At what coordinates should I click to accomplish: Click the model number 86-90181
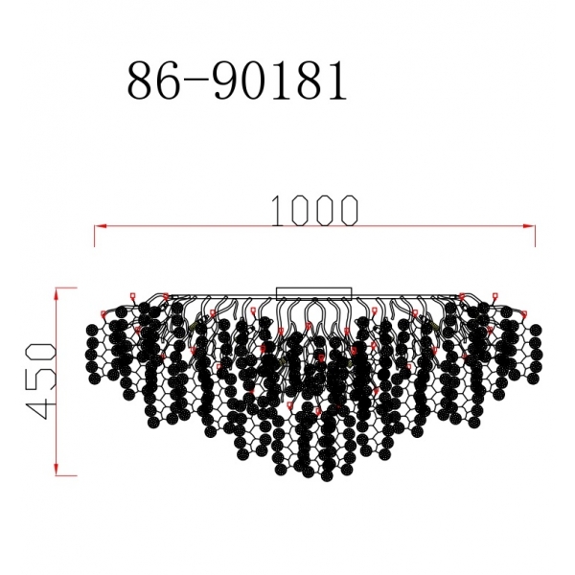tap(236, 83)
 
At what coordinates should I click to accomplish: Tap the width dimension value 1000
tap(314, 210)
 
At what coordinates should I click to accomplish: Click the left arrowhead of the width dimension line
tap(97, 226)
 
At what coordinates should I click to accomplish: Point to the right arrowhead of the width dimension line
tap(532, 226)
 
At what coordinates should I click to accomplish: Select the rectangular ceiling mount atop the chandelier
tap(314, 292)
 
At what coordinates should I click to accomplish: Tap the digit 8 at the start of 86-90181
tap(141, 83)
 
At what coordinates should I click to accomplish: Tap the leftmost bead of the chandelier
tap(92, 331)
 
